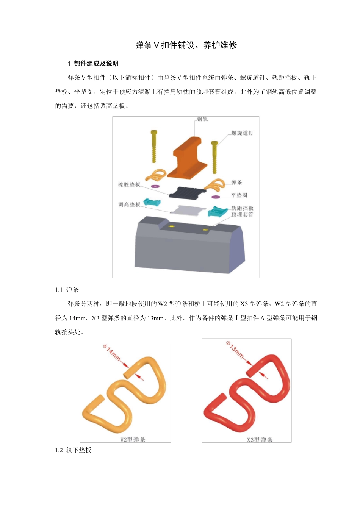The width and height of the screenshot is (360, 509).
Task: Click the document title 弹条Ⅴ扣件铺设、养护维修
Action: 186,45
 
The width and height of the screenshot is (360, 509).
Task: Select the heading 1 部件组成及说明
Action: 93,63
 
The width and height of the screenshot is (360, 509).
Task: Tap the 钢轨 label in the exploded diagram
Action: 202,119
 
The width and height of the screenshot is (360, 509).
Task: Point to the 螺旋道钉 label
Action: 242,133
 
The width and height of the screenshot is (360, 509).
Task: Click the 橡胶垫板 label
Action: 129,184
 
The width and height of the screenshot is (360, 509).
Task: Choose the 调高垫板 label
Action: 129,205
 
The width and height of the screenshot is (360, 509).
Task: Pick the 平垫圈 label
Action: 239,195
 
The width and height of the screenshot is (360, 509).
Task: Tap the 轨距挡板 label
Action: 242,208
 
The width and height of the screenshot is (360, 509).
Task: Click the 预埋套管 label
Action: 242,214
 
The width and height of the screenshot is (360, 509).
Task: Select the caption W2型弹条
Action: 132,439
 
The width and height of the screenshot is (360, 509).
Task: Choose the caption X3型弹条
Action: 260,439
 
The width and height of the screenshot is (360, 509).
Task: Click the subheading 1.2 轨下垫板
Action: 73,450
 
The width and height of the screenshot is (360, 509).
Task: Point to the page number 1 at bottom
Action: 186,472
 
